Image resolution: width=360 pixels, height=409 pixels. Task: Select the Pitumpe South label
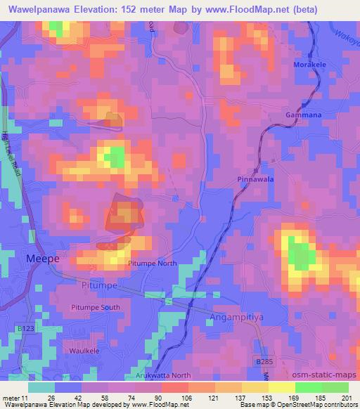click(x=96, y=308)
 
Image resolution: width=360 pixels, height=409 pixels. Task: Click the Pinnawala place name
click(x=255, y=180)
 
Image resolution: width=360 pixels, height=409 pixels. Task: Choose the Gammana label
click(x=304, y=114)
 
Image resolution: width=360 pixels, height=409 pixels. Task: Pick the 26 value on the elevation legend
click(x=51, y=398)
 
